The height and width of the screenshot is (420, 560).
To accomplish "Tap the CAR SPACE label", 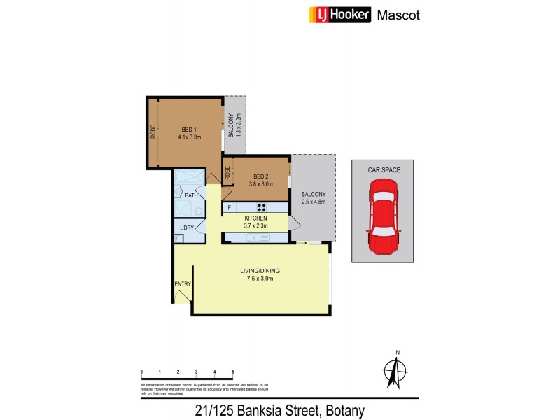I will pyautogui.click(x=382, y=169).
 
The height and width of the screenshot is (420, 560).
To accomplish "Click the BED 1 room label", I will pyautogui.click(x=189, y=129).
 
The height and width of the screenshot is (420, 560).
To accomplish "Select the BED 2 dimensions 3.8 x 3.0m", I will pyautogui.click(x=260, y=184).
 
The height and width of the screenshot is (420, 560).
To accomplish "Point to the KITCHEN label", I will pyautogui.click(x=256, y=218).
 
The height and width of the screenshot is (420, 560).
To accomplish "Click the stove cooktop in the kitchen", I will pyautogui.click(x=262, y=207).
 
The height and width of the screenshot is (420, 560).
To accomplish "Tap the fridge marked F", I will pyautogui.click(x=229, y=207).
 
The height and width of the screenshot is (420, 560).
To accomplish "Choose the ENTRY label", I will pyautogui.click(x=182, y=283).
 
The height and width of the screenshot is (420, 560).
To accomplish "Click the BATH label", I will pyautogui.click(x=191, y=195).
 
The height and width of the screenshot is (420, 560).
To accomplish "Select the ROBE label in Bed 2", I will pyautogui.click(x=227, y=171).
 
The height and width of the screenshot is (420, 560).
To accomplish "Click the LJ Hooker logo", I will pyautogui.click(x=339, y=15).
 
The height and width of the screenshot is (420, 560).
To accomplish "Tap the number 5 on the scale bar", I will pyautogui.click(x=232, y=372).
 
